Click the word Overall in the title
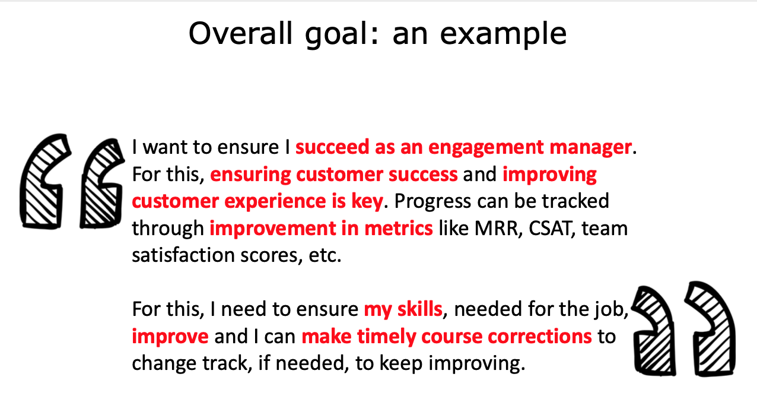[x=240, y=33]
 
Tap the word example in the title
[x=503, y=35]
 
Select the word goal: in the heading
[x=342, y=35]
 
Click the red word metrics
[x=399, y=228]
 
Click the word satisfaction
[x=183, y=255]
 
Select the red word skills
[x=419, y=309]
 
